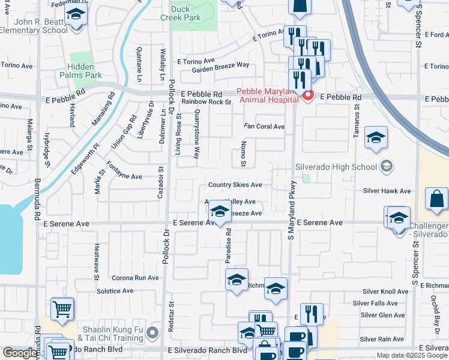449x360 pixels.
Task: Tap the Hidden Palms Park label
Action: (80, 71)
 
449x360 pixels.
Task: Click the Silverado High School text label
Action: (336, 166)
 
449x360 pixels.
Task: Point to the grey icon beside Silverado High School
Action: (386, 166)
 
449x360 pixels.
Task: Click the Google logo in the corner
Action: (20, 353)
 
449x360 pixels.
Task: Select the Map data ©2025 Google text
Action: (411, 355)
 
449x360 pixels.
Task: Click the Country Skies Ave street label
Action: (235, 185)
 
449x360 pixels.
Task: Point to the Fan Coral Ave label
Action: (264, 127)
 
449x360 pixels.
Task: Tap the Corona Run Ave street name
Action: (136, 278)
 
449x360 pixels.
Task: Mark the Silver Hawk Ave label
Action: (387, 191)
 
